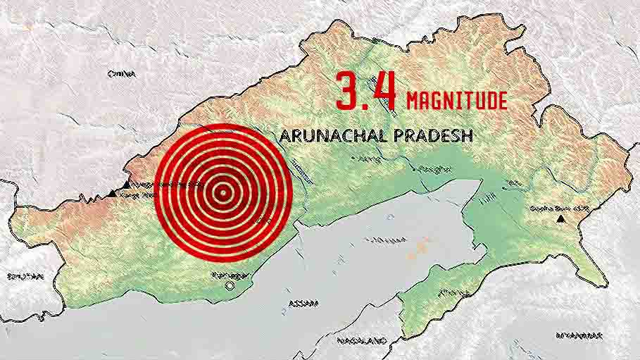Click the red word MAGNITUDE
pyautogui.click(x=456, y=100)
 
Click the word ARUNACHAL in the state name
pyautogui.click(x=329, y=136)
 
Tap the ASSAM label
pyautogui.click(x=304, y=304)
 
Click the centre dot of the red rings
pyautogui.click(x=222, y=191)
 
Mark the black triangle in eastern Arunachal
pyautogui.click(x=560, y=220)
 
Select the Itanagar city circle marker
pyautogui.click(x=227, y=287)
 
